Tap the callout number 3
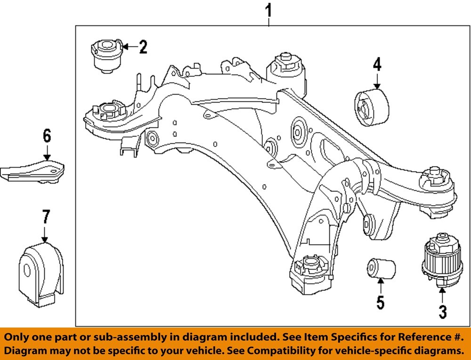click(x=442, y=312)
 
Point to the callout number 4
click(x=377, y=64)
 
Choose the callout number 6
click(x=47, y=136)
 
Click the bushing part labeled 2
click(x=106, y=56)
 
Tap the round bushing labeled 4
click(x=371, y=107)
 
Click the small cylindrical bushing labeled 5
click(x=381, y=268)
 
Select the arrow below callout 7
click(x=45, y=234)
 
